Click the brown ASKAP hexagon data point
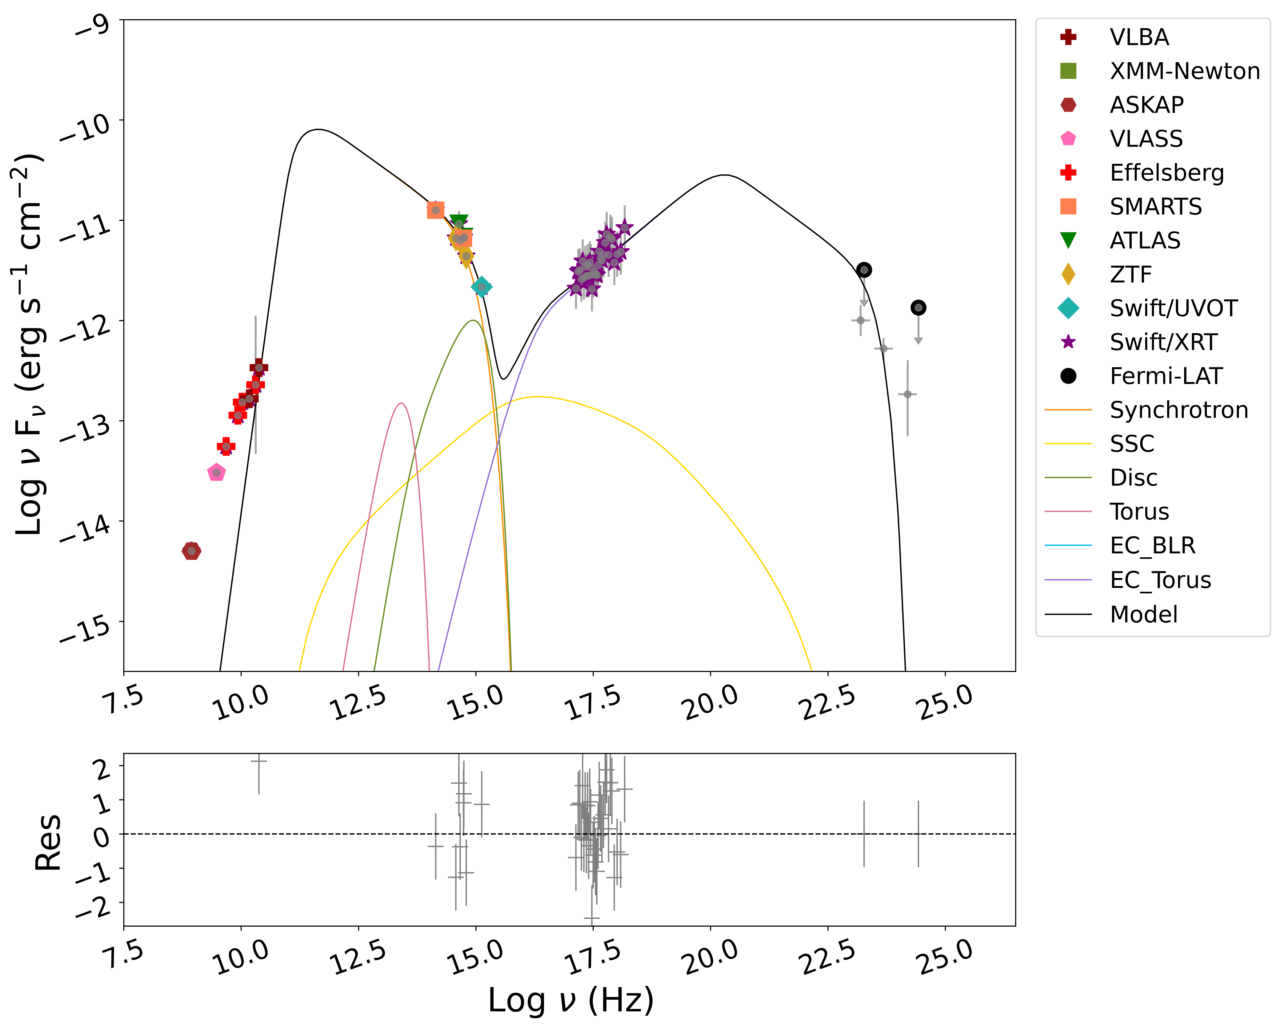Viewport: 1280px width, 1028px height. coord(191,551)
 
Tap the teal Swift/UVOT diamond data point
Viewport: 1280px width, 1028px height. coord(481,287)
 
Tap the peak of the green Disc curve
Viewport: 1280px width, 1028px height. coord(473,321)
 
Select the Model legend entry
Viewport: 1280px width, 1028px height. coord(1143,614)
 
